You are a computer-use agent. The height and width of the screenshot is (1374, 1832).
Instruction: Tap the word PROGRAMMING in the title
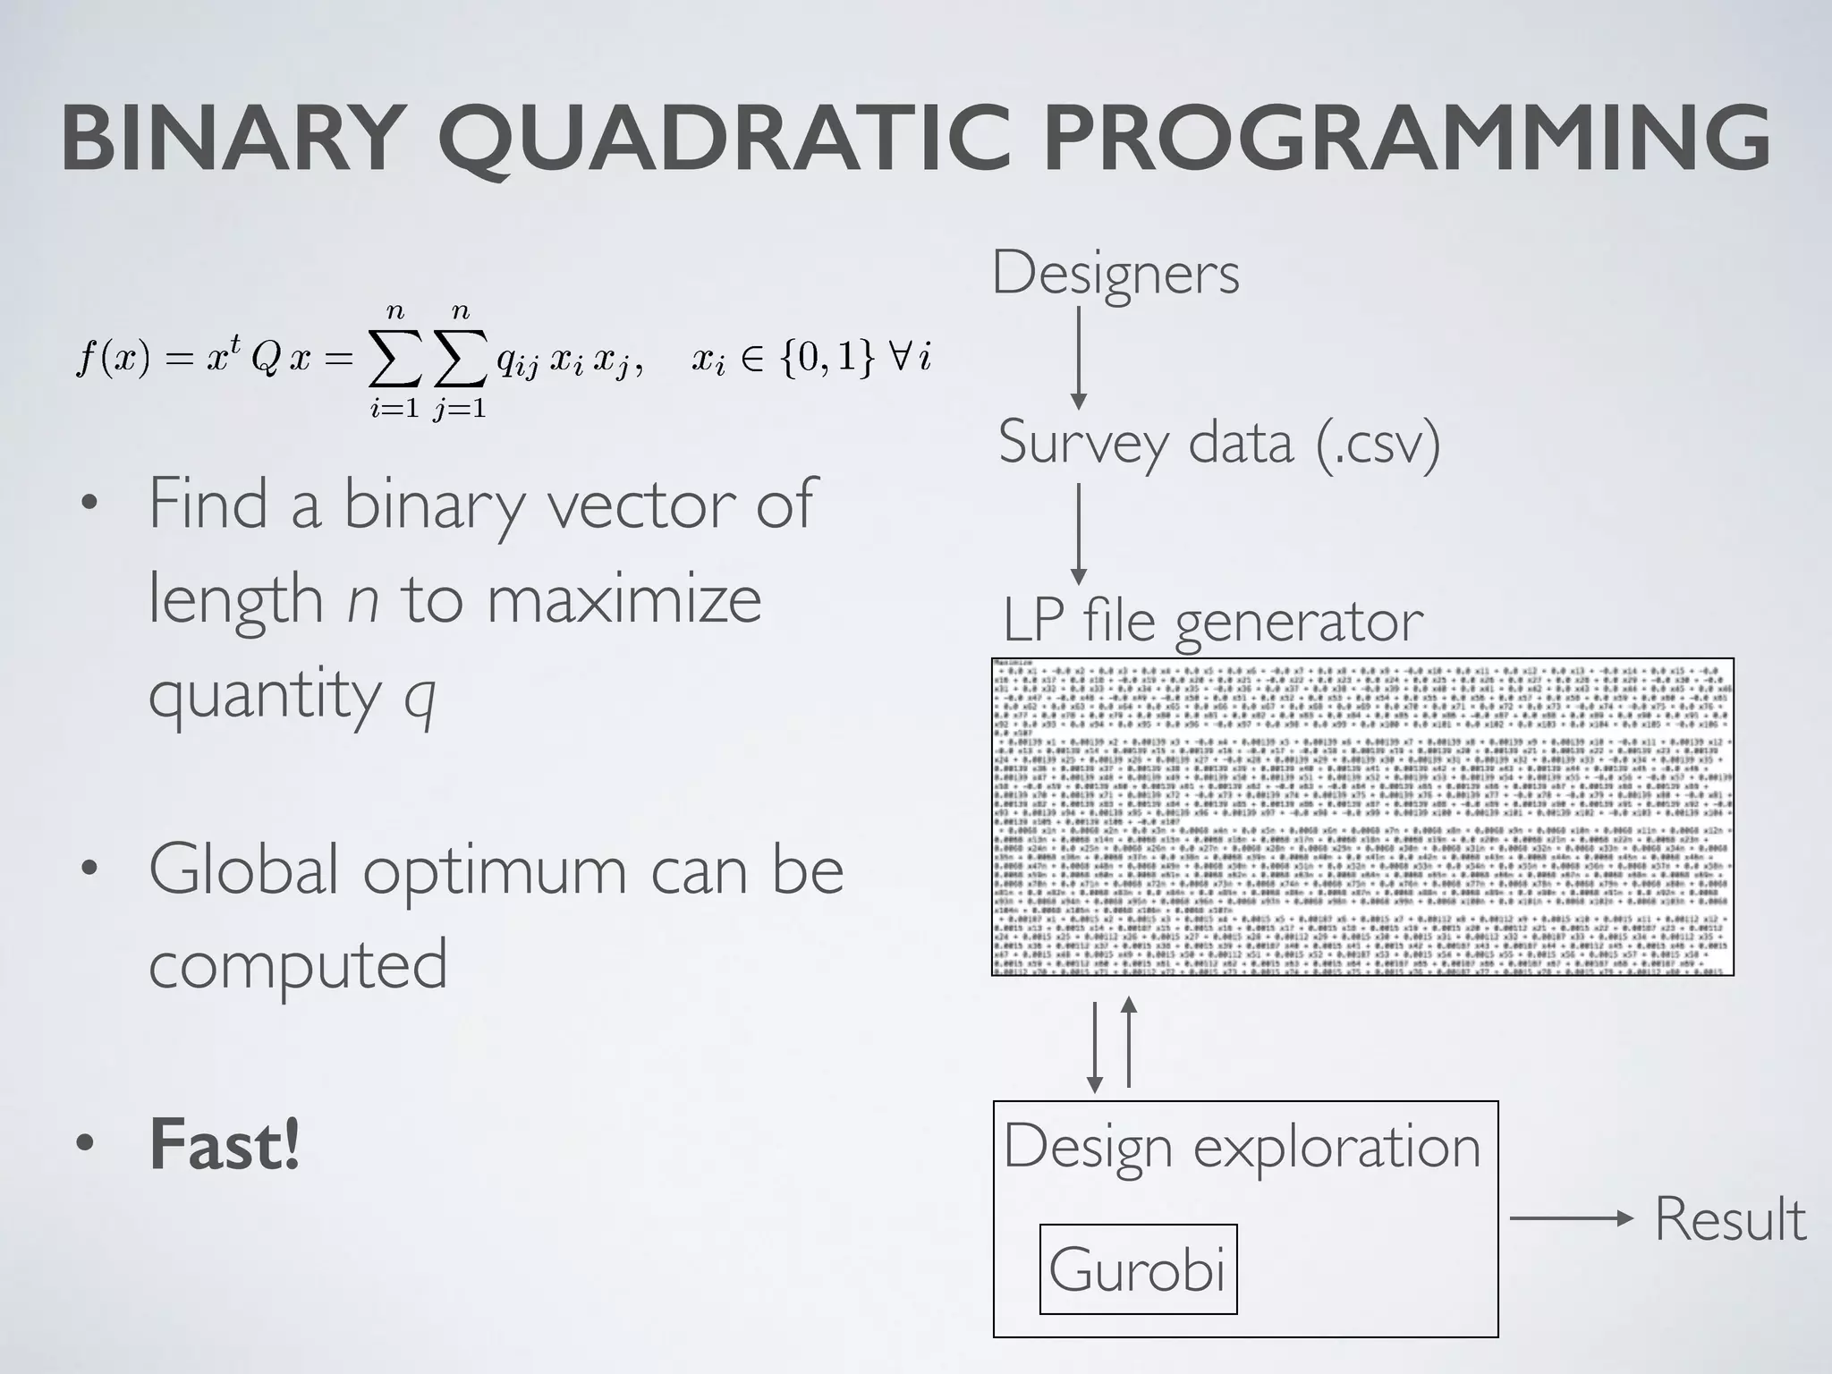1407,139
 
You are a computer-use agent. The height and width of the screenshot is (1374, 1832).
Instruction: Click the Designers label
1115,273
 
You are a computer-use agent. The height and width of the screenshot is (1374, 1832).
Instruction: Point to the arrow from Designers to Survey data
1079,358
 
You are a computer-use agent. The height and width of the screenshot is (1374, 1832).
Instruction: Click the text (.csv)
1378,442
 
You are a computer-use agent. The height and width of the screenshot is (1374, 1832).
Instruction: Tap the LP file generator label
1212,620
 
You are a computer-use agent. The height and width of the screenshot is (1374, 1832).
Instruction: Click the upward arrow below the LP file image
1129,1042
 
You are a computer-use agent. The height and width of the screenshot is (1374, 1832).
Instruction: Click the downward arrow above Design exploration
1094,1047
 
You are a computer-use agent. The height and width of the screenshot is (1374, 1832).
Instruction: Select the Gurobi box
1138,1268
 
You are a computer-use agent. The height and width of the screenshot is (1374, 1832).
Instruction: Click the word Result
1730,1218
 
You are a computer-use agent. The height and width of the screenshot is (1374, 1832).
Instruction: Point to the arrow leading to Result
1571,1218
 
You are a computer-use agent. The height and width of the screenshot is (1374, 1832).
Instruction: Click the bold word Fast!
224,1144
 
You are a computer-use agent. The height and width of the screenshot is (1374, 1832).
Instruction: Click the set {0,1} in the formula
826,358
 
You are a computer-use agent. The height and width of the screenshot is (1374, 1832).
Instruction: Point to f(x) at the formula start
113,358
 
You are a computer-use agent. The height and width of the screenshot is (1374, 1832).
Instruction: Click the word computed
298,964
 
